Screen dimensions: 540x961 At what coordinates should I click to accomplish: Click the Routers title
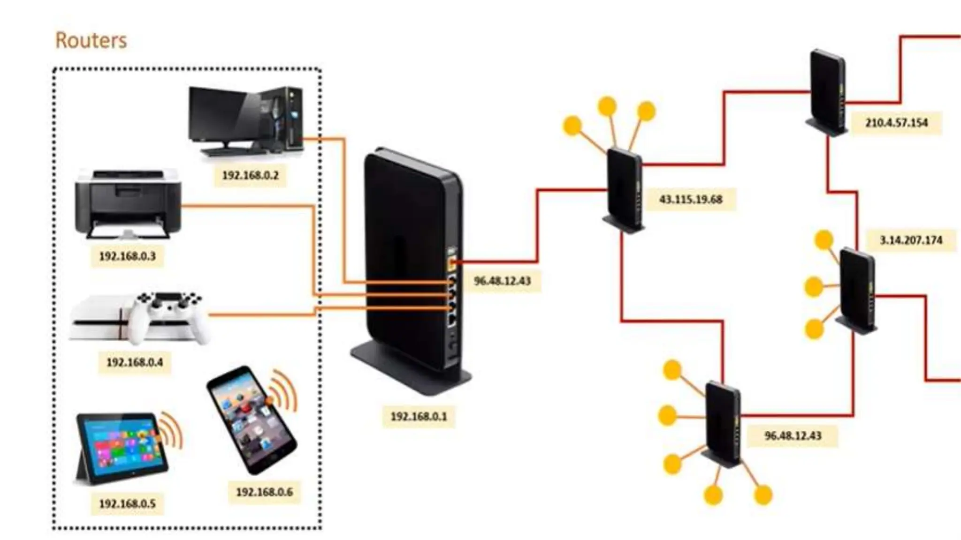pos(91,40)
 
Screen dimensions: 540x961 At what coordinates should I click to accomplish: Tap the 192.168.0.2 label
pos(250,175)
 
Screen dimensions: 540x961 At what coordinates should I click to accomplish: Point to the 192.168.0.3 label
pos(127,256)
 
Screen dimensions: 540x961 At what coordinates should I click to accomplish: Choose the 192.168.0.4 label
pos(135,362)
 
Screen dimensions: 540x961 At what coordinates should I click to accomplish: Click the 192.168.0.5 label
pos(127,504)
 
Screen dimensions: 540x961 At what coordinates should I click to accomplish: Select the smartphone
pos(252,419)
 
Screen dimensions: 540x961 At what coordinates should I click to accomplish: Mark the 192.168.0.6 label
pos(264,492)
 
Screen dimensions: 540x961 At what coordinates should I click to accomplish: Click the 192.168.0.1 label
pos(419,416)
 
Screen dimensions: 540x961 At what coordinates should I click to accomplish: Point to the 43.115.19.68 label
pos(691,199)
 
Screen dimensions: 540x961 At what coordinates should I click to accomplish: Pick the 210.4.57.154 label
pos(896,123)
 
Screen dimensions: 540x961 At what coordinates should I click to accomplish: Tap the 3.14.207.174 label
pos(911,240)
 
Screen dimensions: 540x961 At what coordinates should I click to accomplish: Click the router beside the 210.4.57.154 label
pos(827,91)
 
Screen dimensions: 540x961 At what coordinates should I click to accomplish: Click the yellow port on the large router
pos(452,263)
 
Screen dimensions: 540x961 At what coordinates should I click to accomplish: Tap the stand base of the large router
pos(411,370)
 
